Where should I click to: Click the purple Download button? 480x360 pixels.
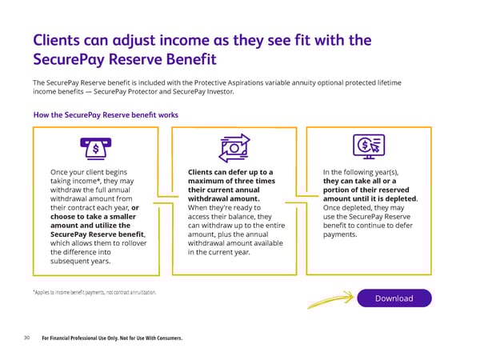tap(394, 298)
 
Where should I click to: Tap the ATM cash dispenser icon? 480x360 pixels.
tap(96, 149)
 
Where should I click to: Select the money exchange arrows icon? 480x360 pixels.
tap(234, 148)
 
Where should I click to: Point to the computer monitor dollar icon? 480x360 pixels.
tap(369, 146)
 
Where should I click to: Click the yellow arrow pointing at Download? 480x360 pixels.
tap(330, 299)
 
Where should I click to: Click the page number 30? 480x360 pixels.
tap(27, 338)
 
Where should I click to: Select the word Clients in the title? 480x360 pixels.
tap(56, 40)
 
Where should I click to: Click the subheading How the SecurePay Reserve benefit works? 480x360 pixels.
tap(106, 115)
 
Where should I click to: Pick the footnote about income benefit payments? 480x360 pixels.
tap(94, 292)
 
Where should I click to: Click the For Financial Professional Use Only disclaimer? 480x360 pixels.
tap(112, 338)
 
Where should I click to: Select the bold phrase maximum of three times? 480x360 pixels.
tap(231, 181)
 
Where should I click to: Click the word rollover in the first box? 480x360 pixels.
tap(134, 243)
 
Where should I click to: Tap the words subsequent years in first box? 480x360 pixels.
tap(80, 261)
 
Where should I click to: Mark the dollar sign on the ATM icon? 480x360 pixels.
tap(96, 149)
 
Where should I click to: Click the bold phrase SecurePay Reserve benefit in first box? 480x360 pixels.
tap(97, 234)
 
